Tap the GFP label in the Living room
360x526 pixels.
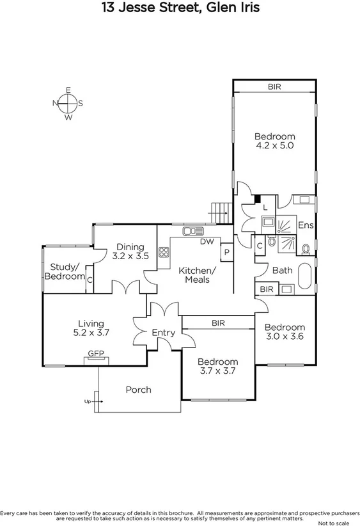point(95,353)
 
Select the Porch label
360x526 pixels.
point(138,390)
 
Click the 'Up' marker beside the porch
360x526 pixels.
point(87,402)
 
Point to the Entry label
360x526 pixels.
point(163,333)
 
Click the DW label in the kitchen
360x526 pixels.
point(207,242)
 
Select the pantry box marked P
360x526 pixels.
point(226,253)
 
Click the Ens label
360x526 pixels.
point(306,225)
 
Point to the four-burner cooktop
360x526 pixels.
point(163,251)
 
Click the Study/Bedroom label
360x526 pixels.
point(65,271)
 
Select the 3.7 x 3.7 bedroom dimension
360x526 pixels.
point(217,371)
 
